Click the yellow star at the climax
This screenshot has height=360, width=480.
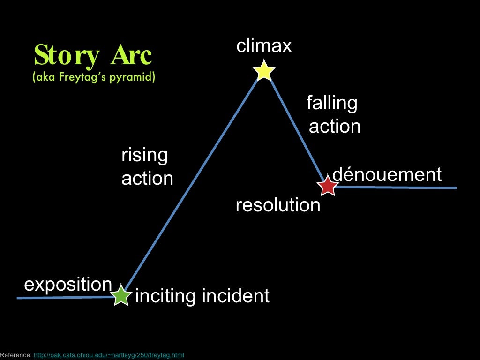click(264, 71)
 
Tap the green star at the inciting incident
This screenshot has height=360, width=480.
click(121, 296)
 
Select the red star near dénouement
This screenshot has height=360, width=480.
click(328, 186)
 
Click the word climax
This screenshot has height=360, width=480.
click(264, 46)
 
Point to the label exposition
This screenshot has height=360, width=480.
click(68, 285)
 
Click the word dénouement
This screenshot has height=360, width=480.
click(387, 174)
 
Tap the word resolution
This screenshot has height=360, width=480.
click(278, 205)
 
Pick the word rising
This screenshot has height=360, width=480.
click(144, 155)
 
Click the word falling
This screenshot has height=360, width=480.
click(332, 103)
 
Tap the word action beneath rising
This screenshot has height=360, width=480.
click(147, 179)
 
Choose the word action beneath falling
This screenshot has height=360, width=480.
click(335, 127)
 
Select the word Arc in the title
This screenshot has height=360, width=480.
click(131, 56)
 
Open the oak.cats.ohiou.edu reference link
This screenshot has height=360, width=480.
click(109, 355)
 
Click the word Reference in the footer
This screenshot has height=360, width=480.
click(15, 355)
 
